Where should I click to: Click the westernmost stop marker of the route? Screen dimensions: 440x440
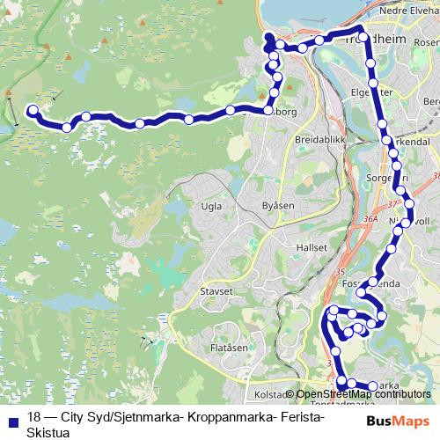[33, 111]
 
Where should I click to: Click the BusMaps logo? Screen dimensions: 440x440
[399, 422]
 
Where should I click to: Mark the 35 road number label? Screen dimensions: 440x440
[341, 273]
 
